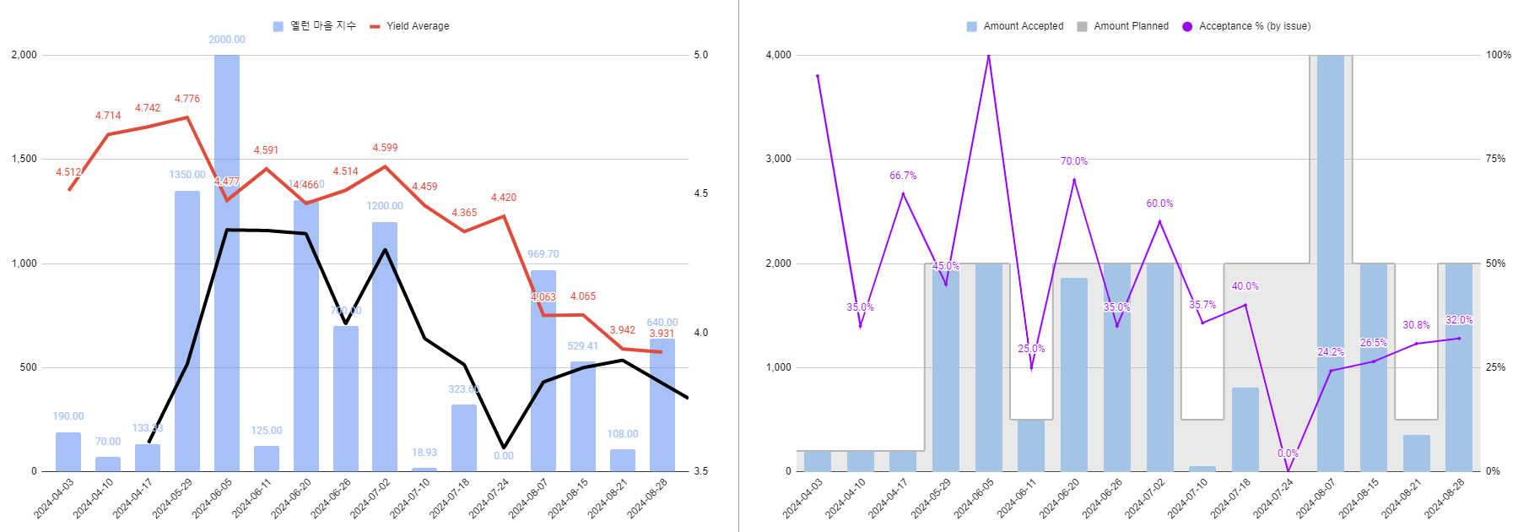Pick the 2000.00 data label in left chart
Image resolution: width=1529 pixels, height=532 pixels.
[227, 40]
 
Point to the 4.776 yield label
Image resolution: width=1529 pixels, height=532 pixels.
[187, 99]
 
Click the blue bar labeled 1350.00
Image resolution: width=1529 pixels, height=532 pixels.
[187, 330]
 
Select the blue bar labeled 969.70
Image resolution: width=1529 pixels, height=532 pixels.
[543, 371]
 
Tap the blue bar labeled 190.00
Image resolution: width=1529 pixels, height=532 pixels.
[68, 452]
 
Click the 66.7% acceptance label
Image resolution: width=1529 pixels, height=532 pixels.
[903, 176]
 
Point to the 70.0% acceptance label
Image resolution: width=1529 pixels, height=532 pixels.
[1074, 161]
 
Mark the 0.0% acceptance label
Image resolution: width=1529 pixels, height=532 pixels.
[1288, 453]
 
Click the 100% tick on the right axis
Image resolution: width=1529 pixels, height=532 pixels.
[1499, 55]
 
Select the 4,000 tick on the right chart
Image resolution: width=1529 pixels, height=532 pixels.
[778, 55]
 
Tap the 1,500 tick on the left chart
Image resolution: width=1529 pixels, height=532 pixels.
[24, 159]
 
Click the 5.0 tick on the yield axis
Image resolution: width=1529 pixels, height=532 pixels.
[700, 55]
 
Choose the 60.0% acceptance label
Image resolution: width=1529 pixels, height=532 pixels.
[1159, 204]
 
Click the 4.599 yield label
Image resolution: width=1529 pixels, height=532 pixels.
[385, 148]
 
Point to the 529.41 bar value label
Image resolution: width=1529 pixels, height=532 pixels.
[583, 346]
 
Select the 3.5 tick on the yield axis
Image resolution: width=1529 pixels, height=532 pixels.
[700, 471]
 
